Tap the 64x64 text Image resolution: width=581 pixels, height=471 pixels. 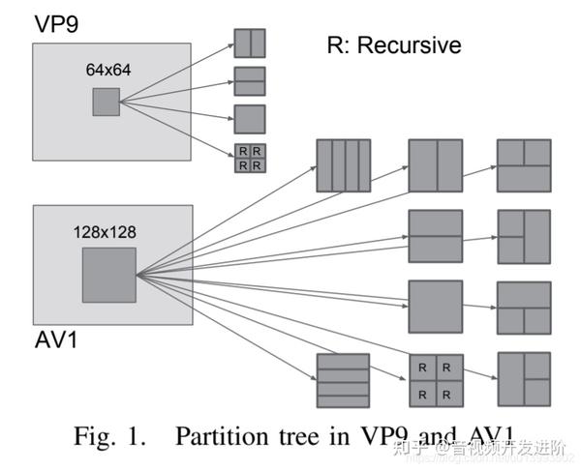(107, 71)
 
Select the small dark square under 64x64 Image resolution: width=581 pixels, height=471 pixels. (107, 102)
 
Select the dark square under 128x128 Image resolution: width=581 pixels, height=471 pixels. (108, 274)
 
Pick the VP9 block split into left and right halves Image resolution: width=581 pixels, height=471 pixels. (249, 44)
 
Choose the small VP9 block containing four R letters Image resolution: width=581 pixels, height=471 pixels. (249, 158)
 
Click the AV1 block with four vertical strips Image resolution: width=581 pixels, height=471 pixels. (344, 166)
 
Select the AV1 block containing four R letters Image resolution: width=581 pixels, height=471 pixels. (435, 379)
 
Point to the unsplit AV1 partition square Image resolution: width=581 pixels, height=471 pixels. (435, 307)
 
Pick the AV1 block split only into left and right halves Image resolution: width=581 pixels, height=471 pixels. (435, 166)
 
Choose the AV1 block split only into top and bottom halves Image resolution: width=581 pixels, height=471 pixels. (435, 236)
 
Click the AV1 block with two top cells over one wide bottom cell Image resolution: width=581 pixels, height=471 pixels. (524, 166)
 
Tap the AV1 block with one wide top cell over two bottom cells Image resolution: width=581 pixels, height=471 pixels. (524, 307)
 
